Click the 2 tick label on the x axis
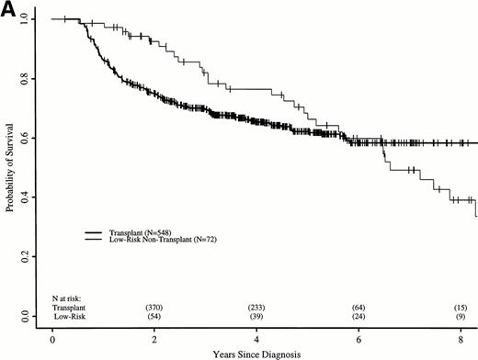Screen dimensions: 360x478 pyautogui.click(x=154, y=337)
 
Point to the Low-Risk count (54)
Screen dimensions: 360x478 pyautogui.click(x=154, y=316)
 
